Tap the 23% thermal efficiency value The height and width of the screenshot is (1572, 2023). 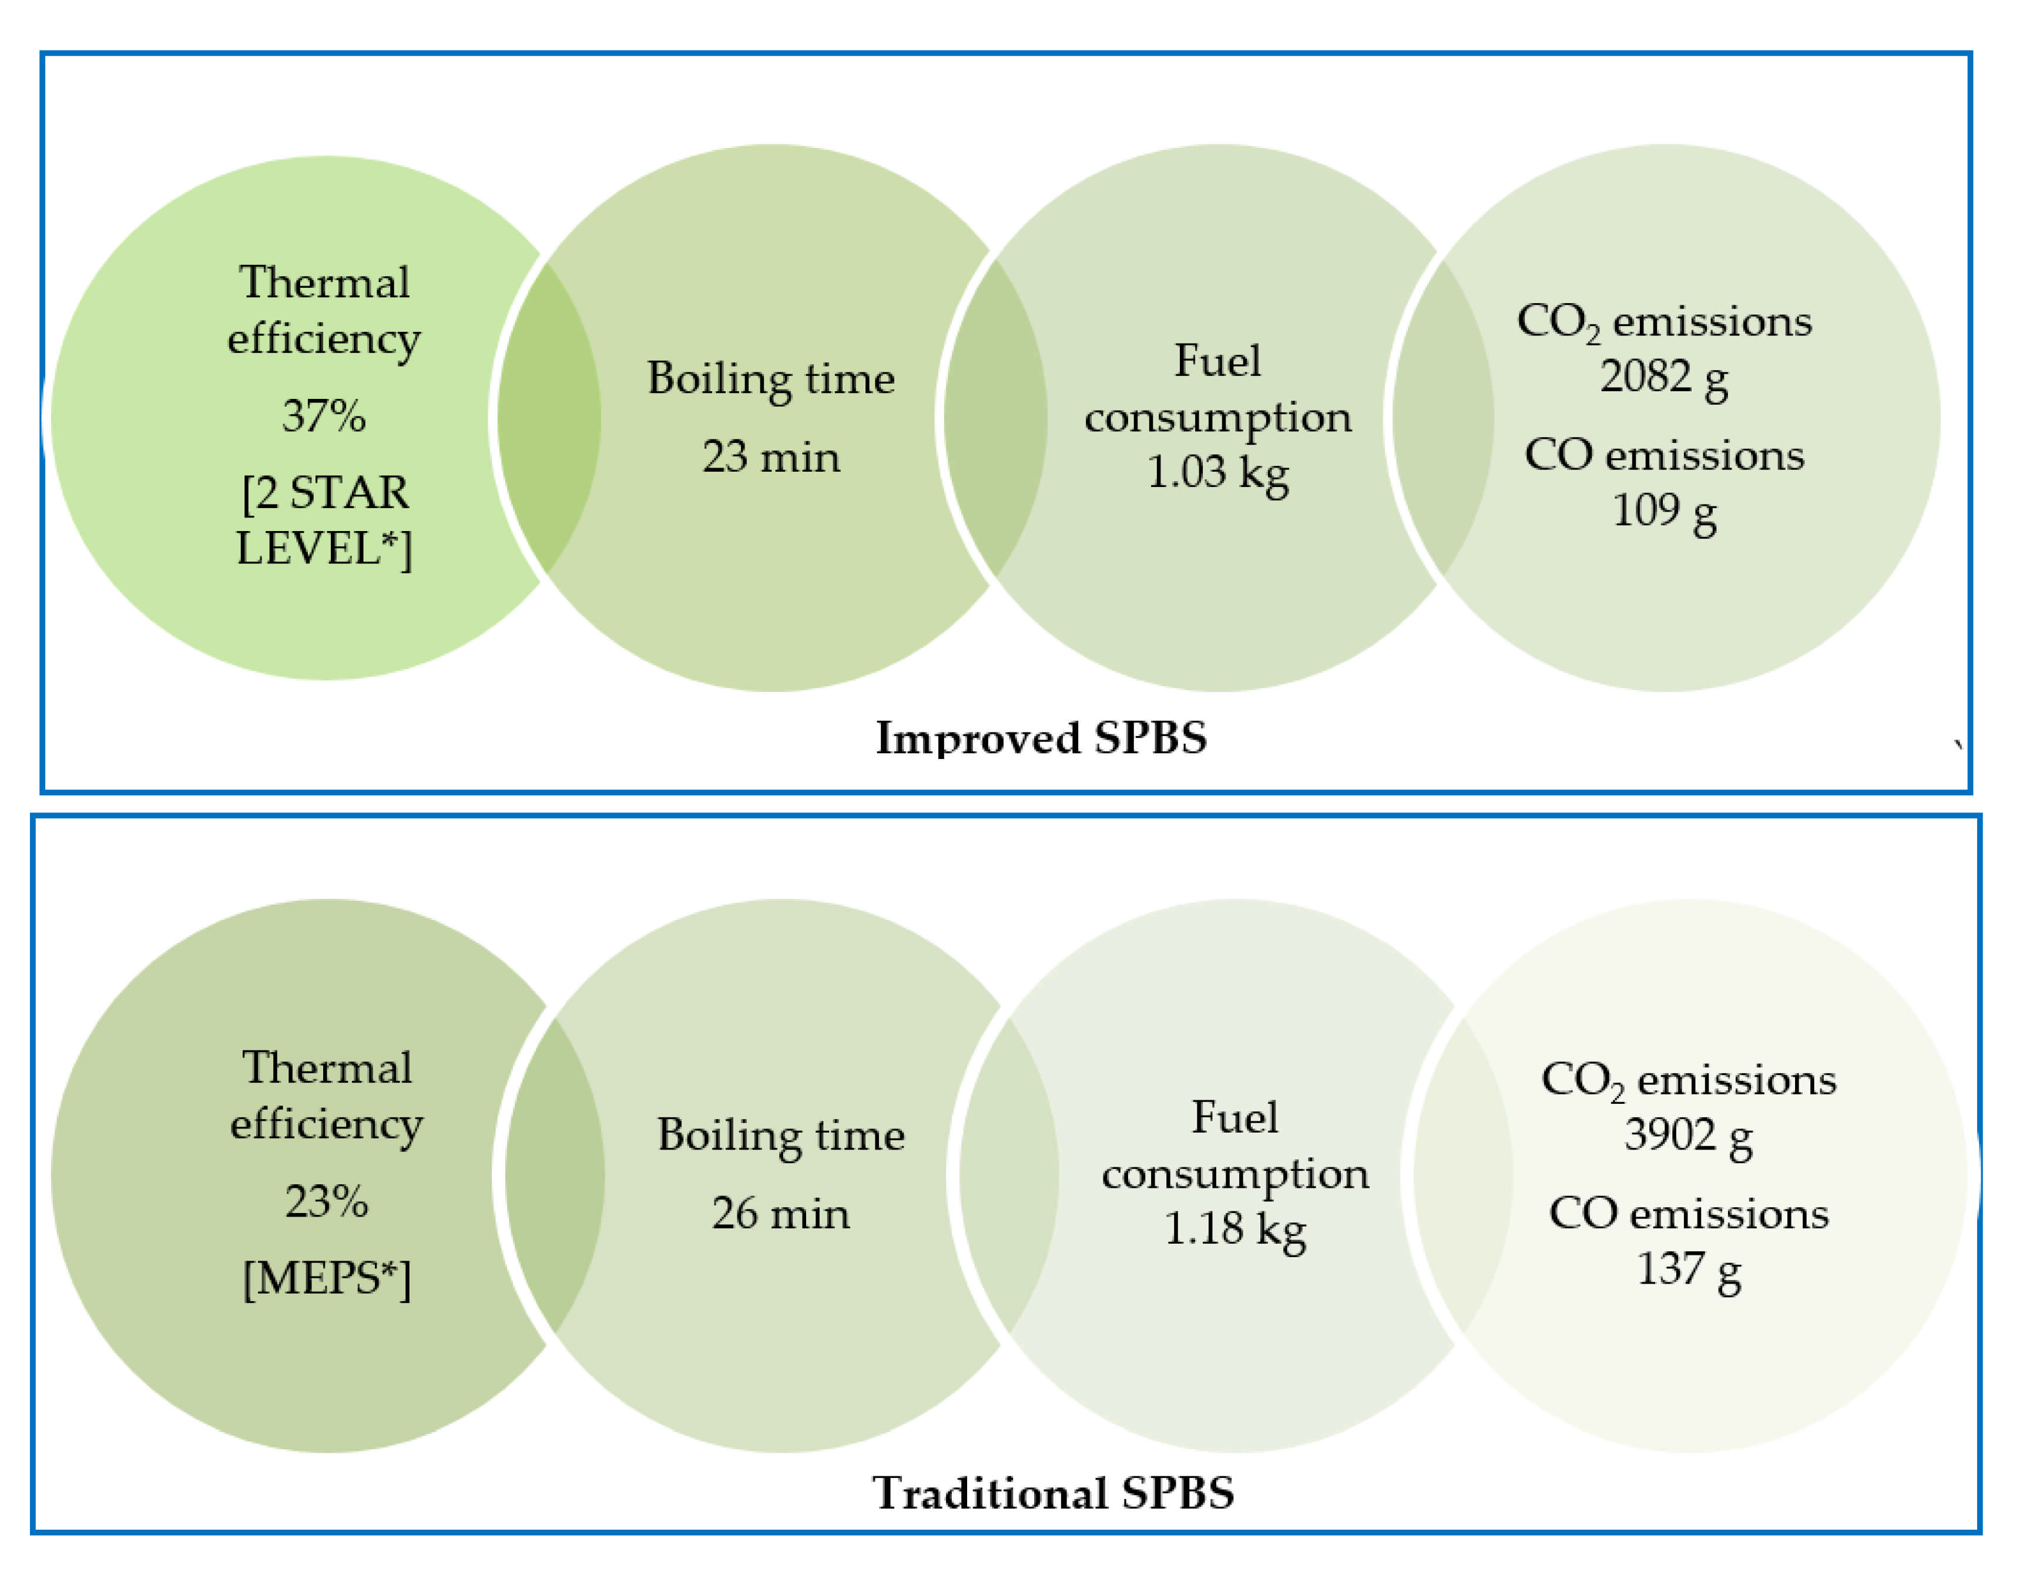[x=326, y=1201]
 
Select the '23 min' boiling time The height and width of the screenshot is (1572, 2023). [x=771, y=456]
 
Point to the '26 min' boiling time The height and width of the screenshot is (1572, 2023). [x=780, y=1214]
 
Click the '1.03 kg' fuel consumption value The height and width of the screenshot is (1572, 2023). [x=1217, y=472]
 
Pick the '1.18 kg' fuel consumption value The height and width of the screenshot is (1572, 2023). [x=1234, y=1230]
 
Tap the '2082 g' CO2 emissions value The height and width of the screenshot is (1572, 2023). [x=1663, y=377]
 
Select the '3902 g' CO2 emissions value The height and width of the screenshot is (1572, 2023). [x=1687, y=1135]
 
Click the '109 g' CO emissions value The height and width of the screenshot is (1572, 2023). [x=1663, y=511]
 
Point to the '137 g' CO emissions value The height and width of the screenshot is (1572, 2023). [x=1687, y=1269]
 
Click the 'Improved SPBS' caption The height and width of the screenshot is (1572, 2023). [x=1041, y=738]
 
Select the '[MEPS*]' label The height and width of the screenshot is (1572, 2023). [x=326, y=1279]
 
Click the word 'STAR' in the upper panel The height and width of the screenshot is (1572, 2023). [x=348, y=493]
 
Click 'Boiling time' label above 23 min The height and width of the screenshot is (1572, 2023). [x=771, y=379]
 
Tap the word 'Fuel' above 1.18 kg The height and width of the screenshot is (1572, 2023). [x=1234, y=1117]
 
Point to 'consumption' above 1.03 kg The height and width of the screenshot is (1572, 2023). [x=1217, y=418]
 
